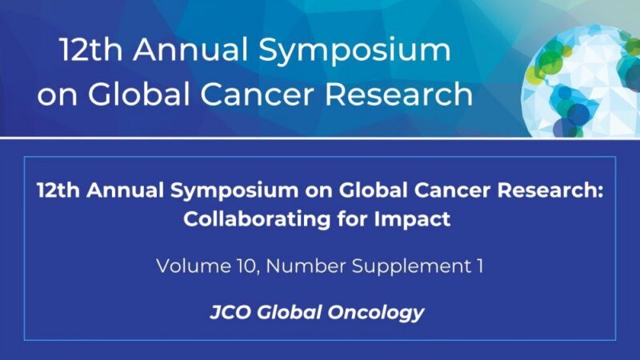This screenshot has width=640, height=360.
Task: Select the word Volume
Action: point(190,265)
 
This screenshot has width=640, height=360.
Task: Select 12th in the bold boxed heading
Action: point(56,192)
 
